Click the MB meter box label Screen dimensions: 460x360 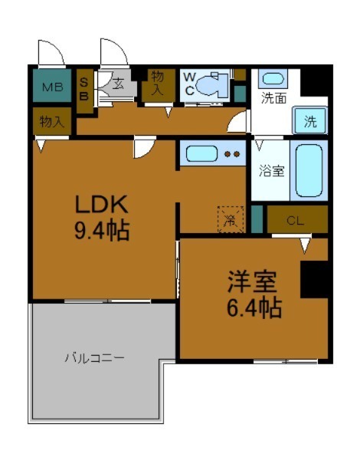(52, 86)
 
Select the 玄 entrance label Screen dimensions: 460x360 (119, 84)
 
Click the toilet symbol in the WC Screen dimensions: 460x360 (215, 84)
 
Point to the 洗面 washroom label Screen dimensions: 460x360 (273, 98)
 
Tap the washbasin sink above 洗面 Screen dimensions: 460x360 (273, 78)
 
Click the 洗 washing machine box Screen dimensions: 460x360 (309, 120)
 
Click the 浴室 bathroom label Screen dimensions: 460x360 (272, 170)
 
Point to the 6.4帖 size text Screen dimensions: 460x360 (253, 308)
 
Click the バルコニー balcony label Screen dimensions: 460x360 (94, 358)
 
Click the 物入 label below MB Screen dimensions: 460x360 (51, 121)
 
